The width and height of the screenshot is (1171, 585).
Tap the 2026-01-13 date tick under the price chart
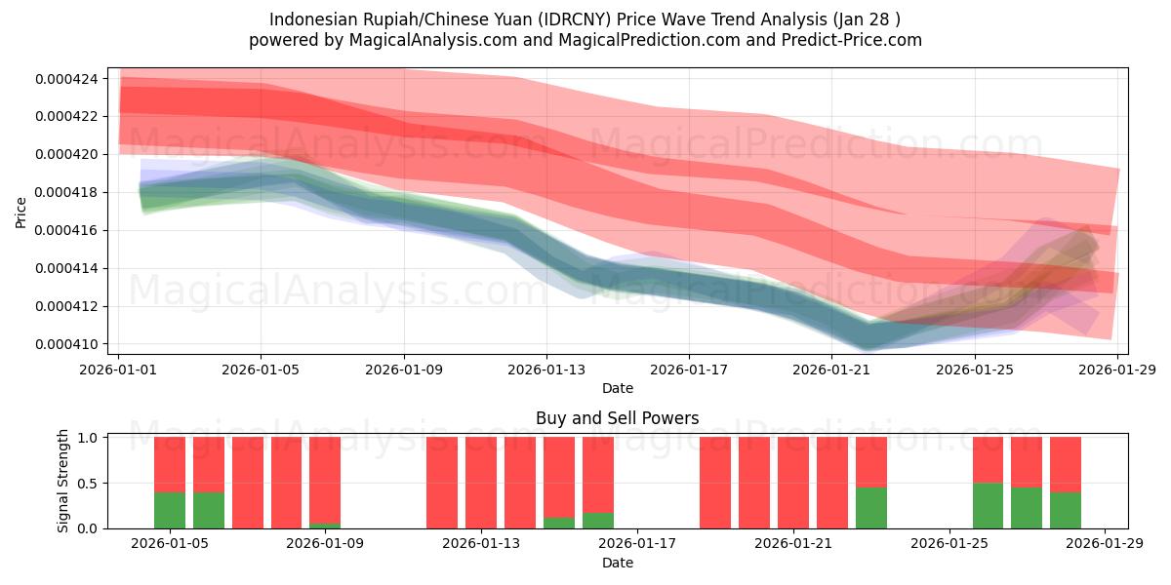pos(545,370)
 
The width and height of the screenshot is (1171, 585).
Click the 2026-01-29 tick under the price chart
pos(1115,370)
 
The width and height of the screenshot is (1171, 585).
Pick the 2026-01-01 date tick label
pos(119,370)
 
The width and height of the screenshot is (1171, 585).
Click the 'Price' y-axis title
pos(21,211)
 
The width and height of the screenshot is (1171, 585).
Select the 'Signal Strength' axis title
pos(63,481)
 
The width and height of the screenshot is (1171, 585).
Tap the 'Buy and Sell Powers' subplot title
pos(617,418)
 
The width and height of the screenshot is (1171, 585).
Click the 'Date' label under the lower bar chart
pos(617,563)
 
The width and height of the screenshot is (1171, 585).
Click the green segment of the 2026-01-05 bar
pos(170,510)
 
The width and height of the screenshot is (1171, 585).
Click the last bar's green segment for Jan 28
pos(1066,510)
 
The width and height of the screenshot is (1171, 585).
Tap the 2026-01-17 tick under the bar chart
pos(637,544)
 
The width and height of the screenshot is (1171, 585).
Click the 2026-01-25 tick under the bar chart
pos(949,544)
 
